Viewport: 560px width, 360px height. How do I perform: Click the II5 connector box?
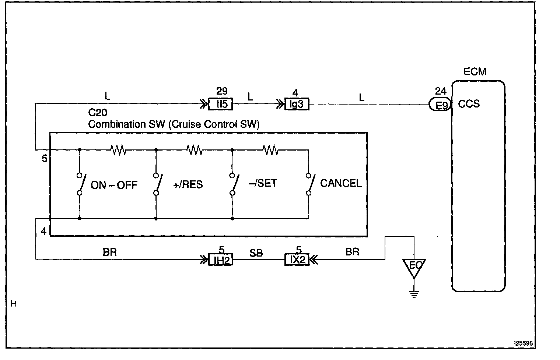click(221, 105)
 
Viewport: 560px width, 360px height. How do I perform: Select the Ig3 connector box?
click(297, 105)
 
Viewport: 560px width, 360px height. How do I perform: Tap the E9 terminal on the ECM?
click(441, 105)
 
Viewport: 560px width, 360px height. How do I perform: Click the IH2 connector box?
click(221, 260)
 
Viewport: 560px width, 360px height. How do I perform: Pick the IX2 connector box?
click(297, 260)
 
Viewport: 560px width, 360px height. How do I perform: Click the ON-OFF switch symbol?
click(80, 183)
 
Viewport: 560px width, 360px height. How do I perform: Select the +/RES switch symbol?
click(157, 183)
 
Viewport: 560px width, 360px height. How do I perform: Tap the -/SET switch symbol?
click(233, 183)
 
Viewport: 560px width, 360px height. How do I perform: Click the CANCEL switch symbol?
click(309, 183)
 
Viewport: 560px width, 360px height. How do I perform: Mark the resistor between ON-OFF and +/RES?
click(118, 150)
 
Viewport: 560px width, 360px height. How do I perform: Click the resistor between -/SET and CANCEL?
click(270, 150)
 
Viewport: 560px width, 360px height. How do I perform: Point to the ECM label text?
click(475, 71)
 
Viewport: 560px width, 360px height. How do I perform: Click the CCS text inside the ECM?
click(469, 104)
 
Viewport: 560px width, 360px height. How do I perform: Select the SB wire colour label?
click(256, 253)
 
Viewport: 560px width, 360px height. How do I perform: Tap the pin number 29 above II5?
click(222, 91)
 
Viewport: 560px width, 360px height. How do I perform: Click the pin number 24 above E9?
click(441, 91)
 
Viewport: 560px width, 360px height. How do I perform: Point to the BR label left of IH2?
click(110, 252)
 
